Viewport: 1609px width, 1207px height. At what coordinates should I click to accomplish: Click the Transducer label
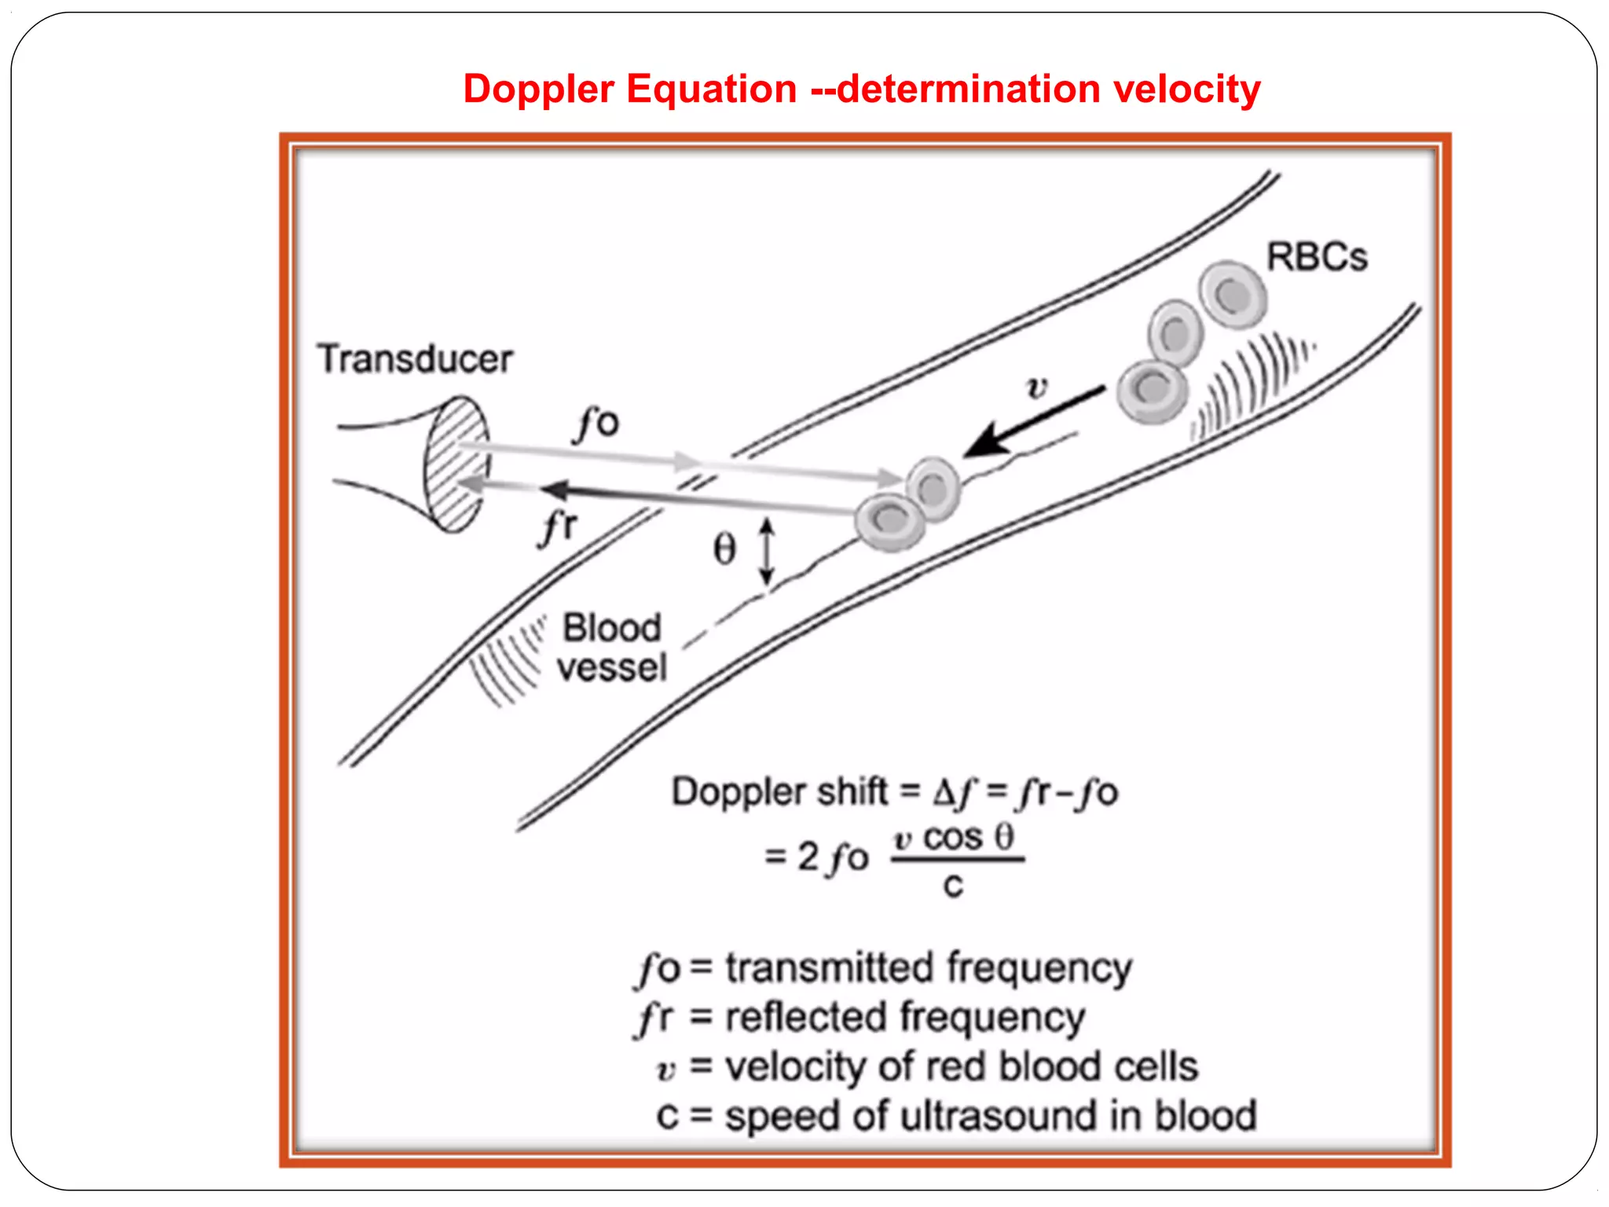[415, 359]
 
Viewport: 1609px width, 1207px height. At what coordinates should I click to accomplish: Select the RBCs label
[1317, 257]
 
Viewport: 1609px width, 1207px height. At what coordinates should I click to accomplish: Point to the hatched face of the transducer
[456, 464]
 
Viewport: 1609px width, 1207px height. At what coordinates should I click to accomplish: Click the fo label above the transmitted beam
[599, 424]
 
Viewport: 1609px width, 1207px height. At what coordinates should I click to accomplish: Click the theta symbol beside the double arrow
[724, 549]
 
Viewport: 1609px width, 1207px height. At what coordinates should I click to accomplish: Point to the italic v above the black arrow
[1037, 387]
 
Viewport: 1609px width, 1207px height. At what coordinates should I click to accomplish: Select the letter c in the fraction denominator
[953, 886]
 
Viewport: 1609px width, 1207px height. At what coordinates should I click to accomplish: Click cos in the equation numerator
[953, 838]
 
